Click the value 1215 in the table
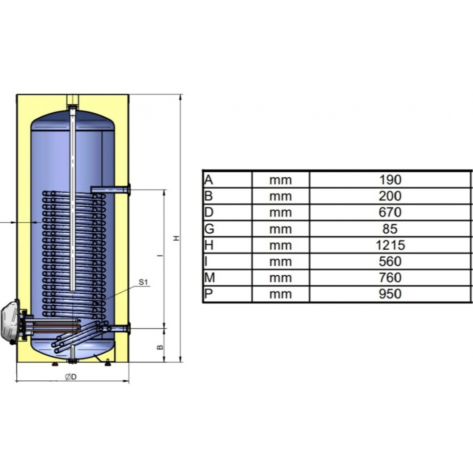[390, 245]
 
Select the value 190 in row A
[390, 180]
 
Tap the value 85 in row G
[390, 228]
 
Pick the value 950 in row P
[390, 294]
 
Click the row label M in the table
[210, 278]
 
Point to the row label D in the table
[209, 212]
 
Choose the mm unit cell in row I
[280, 262]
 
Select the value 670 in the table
[390, 212]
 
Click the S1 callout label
[143, 282]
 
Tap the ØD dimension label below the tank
[71, 377]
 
